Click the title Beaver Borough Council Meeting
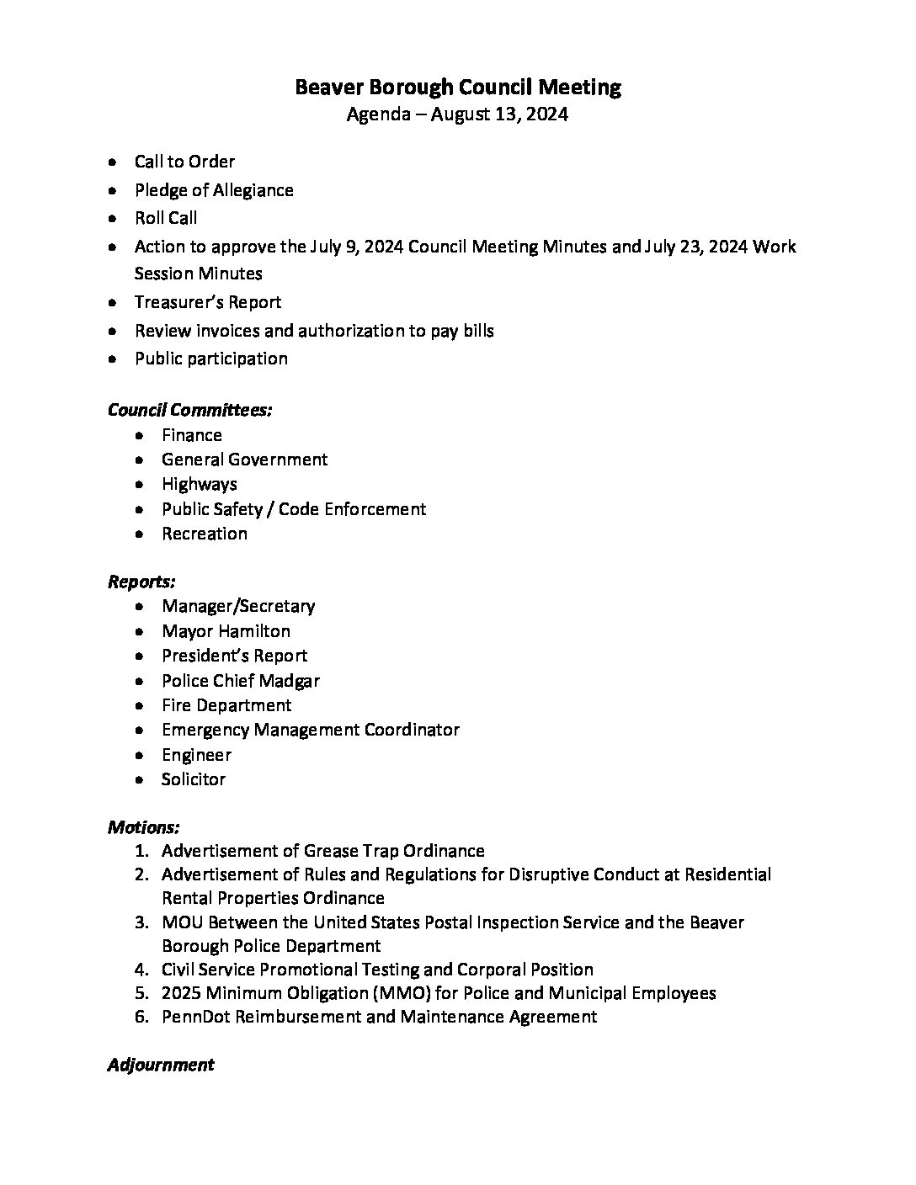(x=458, y=88)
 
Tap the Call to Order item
(x=184, y=162)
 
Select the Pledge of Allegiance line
(x=214, y=190)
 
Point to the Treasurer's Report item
(x=208, y=302)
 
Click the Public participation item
(x=211, y=359)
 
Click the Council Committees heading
(x=189, y=410)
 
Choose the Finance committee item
(x=192, y=435)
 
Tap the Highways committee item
(x=200, y=484)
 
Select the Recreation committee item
(x=205, y=534)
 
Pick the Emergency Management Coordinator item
(x=311, y=730)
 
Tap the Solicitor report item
(x=194, y=779)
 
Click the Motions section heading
(x=143, y=827)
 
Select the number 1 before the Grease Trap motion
(x=141, y=851)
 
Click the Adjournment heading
(x=161, y=1065)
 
